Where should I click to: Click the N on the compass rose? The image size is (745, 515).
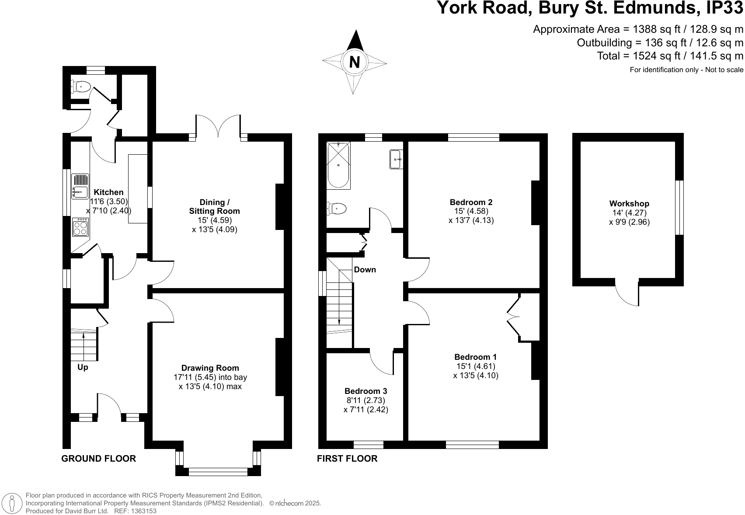tap(355, 62)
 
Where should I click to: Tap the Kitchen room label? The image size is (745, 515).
tap(109, 192)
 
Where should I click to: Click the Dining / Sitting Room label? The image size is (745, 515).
tap(214, 206)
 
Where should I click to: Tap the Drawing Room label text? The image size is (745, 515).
tap(210, 368)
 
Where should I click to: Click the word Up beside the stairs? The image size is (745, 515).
tap(83, 367)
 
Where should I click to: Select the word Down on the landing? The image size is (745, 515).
tap(365, 270)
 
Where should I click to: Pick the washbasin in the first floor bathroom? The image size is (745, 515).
tap(396, 160)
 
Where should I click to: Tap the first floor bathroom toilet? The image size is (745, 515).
tap(337, 209)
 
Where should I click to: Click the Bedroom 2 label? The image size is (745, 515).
tap(471, 202)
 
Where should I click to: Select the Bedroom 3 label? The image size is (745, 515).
tap(366, 391)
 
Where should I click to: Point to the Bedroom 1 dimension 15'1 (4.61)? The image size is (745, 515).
tap(476, 366)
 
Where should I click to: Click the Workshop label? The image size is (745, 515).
tap(629, 204)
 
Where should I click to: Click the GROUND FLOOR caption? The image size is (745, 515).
tap(98, 459)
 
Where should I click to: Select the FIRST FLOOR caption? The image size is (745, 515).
tap(347, 459)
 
